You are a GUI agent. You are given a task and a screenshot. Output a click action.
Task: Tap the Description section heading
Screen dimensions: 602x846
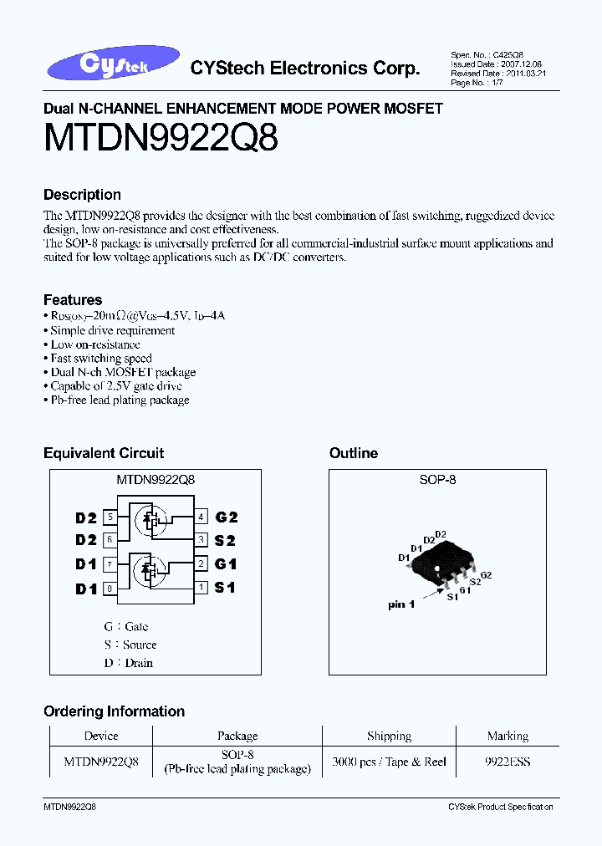click(82, 195)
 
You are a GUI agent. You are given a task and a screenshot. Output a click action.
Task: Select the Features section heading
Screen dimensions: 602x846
click(73, 300)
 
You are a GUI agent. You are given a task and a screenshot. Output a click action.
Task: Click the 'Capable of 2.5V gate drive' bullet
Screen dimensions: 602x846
click(113, 386)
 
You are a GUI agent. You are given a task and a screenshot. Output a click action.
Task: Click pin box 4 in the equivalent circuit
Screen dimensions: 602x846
click(202, 517)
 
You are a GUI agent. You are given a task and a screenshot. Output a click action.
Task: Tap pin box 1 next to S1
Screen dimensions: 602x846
click(202, 588)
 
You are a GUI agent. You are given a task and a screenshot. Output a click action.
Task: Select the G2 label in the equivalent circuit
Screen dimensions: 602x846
click(226, 517)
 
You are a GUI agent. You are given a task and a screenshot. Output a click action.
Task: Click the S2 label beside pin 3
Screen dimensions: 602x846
click(226, 541)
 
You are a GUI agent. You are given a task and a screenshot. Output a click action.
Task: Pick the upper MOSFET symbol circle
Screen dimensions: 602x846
click(150, 522)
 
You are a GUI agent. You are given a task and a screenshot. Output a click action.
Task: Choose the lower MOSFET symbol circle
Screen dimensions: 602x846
click(150, 571)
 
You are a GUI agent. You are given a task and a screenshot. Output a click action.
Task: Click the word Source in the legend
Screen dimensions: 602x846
click(140, 645)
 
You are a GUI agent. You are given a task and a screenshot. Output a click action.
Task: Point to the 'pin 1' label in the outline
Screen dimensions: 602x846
click(401, 604)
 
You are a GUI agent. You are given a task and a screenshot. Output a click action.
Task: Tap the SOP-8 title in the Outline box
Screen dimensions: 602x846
click(437, 481)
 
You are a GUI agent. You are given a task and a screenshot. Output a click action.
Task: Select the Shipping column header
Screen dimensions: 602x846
click(389, 736)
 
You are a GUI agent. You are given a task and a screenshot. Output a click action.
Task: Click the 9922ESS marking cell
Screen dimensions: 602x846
click(508, 762)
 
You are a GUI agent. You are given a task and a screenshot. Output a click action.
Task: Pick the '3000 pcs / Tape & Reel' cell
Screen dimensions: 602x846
click(389, 762)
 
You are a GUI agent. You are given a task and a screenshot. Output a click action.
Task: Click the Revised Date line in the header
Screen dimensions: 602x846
click(487, 73)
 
